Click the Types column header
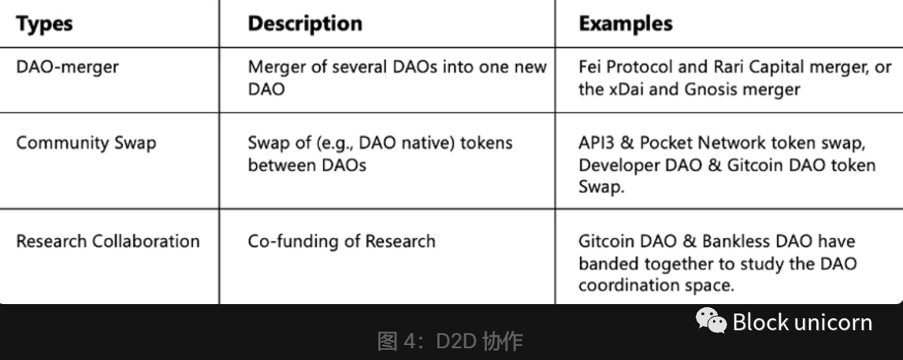[x=44, y=24]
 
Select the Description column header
[x=305, y=24]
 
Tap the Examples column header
[x=626, y=24]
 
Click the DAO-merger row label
[x=68, y=67]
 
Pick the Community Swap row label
[x=86, y=143]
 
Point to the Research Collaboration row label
[x=108, y=241]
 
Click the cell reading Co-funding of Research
[x=341, y=241]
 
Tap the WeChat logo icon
[x=712, y=321]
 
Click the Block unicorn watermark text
[x=802, y=322]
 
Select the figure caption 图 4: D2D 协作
[x=451, y=341]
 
